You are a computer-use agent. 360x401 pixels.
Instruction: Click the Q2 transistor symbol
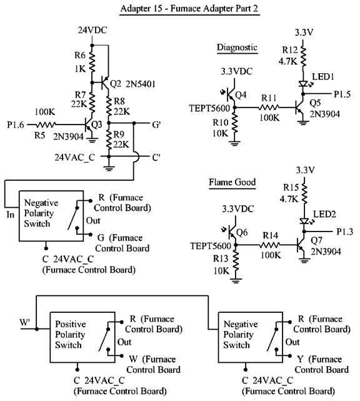pyautogui.click(x=105, y=83)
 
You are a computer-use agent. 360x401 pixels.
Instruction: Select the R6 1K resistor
pyautogui.click(x=92, y=62)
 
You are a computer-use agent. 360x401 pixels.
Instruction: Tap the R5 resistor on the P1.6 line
pyautogui.click(x=46, y=124)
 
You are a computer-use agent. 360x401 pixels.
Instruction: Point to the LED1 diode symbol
pyautogui.click(x=303, y=84)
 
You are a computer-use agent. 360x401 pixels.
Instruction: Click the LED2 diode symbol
pyautogui.click(x=304, y=221)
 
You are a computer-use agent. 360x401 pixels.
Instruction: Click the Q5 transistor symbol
pyautogui.click(x=299, y=108)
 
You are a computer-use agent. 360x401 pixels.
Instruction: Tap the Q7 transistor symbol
pyautogui.click(x=301, y=245)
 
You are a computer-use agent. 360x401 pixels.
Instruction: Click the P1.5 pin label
pyautogui.click(x=342, y=94)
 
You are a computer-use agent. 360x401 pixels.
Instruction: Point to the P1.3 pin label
pyautogui.click(x=344, y=231)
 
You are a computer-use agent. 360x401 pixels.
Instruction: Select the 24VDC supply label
pyautogui.click(x=92, y=30)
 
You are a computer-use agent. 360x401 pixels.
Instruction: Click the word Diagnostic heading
pyautogui.click(x=237, y=48)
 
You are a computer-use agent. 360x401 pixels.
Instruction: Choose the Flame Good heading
pyautogui.click(x=232, y=182)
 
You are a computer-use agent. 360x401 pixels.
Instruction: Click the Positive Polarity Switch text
pyautogui.click(x=70, y=335)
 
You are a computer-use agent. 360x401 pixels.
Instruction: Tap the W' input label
pyautogui.click(x=25, y=322)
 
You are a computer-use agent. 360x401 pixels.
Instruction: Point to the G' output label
pyautogui.click(x=156, y=124)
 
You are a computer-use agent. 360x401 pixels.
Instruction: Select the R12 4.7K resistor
pyautogui.click(x=303, y=56)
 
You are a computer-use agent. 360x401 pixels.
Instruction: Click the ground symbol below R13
pyautogui.click(x=236, y=280)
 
